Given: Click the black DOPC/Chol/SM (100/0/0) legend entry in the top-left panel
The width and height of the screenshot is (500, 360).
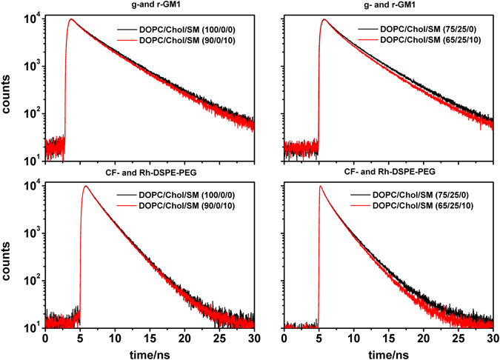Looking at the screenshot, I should tap(180, 30).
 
